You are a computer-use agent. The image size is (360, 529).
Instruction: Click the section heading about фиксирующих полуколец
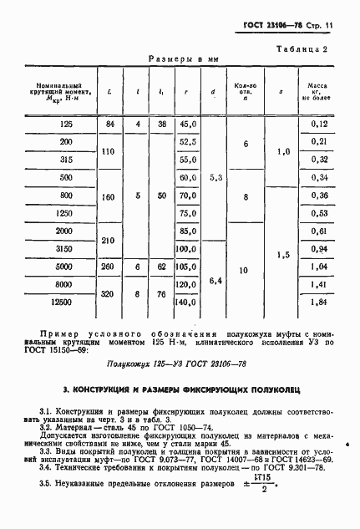180,390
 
